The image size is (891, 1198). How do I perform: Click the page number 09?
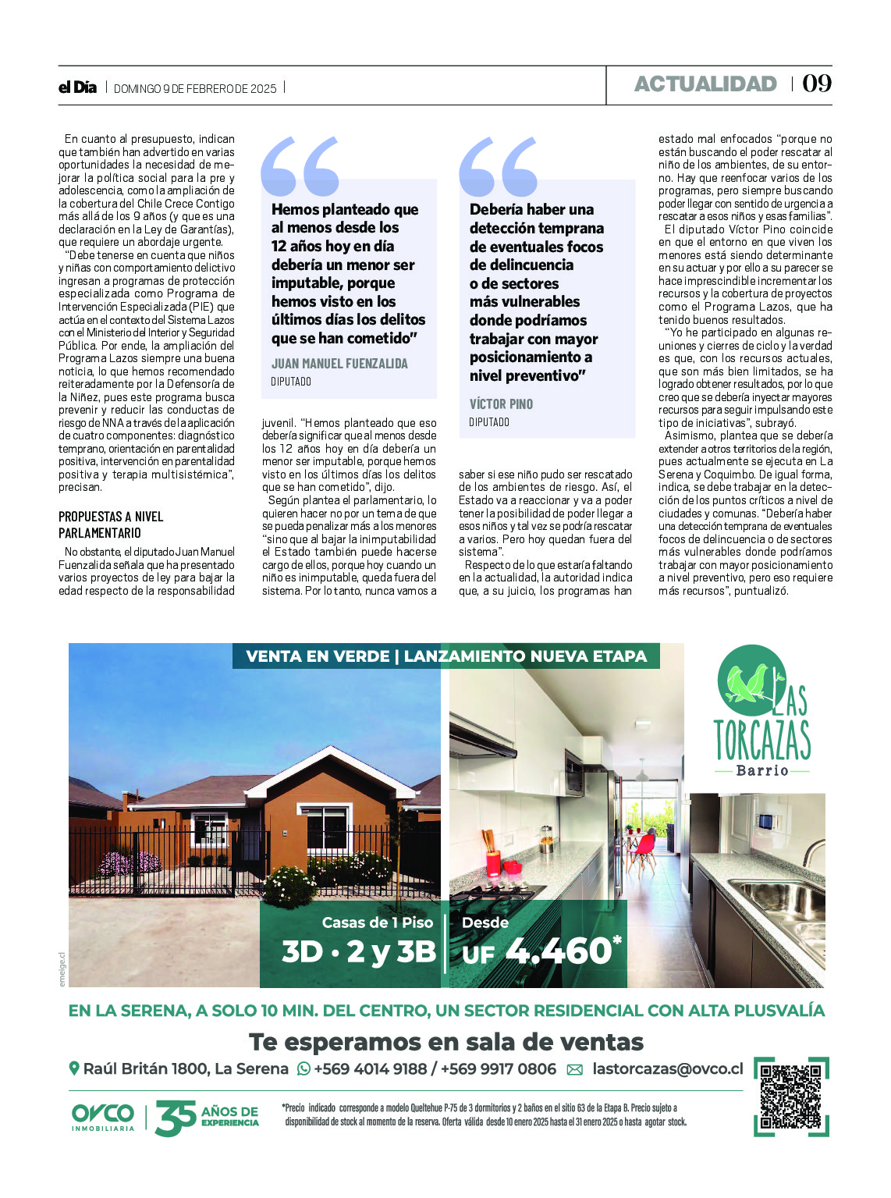(x=817, y=84)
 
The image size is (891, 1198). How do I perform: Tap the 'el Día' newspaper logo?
(x=77, y=87)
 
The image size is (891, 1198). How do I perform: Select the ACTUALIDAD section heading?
(x=705, y=84)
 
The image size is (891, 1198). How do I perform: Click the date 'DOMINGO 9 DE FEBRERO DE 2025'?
(x=195, y=88)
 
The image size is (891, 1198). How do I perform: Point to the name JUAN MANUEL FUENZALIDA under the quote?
(x=339, y=364)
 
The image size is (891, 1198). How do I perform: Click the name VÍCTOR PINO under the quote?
(x=501, y=404)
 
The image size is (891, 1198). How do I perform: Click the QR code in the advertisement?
(x=791, y=1096)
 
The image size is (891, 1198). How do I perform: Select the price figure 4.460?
(x=558, y=950)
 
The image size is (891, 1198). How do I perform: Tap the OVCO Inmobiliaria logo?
(x=103, y=1117)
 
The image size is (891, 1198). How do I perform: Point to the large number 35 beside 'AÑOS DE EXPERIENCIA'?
(x=176, y=1118)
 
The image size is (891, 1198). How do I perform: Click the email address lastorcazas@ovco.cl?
(x=668, y=1069)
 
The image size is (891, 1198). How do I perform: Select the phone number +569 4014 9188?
(x=370, y=1069)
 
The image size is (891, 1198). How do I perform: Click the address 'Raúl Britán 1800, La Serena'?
(x=186, y=1069)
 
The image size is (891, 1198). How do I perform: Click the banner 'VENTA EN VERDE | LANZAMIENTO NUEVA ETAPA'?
(x=446, y=656)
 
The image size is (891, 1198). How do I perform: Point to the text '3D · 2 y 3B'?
(x=358, y=951)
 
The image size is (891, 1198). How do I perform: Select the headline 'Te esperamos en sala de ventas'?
(x=446, y=1042)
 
